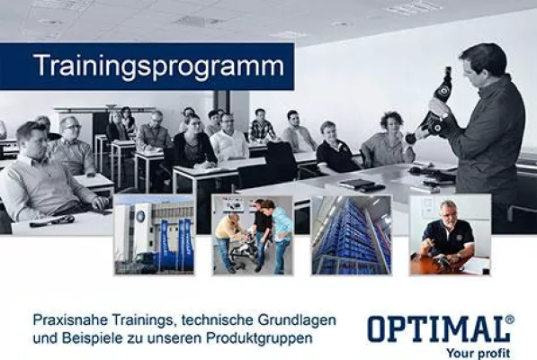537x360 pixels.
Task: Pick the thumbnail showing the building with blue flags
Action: pyautogui.click(x=154, y=235)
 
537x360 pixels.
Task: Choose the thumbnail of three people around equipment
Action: pyautogui.click(x=252, y=235)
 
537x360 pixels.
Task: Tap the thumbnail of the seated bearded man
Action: pyautogui.click(x=449, y=235)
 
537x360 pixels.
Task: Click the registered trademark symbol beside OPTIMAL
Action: pyautogui.click(x=510, y=319)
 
